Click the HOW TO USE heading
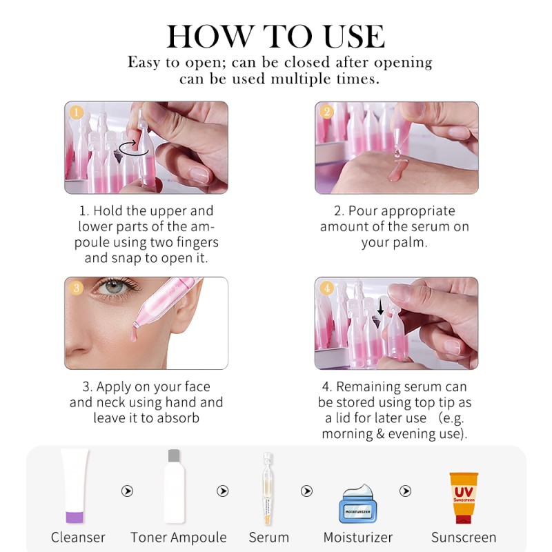[275, 36]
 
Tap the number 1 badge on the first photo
[77, 112]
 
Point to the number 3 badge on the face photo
[77, 288]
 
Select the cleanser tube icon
[75, 486]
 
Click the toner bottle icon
[174, 486]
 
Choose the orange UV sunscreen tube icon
[463, 497]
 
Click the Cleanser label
[78, 538]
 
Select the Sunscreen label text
[463, 538]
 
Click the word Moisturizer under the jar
[357, 538]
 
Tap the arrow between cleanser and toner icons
[127, 491]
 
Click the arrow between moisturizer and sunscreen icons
[407, 491]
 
